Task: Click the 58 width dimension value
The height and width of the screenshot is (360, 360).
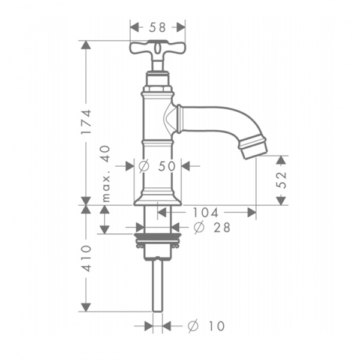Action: [157, 28]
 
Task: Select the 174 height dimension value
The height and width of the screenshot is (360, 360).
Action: [87, 122]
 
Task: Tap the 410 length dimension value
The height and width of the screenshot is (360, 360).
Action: [87, 259]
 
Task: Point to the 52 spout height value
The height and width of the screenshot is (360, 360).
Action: [281, 180]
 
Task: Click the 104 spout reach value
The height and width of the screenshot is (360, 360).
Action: [205, 212]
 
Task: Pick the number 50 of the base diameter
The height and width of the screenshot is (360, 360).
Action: [167, 166]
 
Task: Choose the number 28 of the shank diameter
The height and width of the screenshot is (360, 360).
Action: [222, 227]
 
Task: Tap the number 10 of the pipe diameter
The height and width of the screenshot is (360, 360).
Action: [216, 326]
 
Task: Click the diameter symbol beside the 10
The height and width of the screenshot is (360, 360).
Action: [193, 326]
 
